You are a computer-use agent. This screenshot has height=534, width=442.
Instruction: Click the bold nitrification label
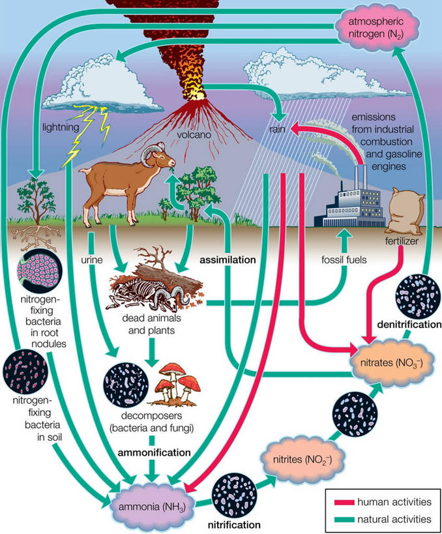[234, 524]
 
